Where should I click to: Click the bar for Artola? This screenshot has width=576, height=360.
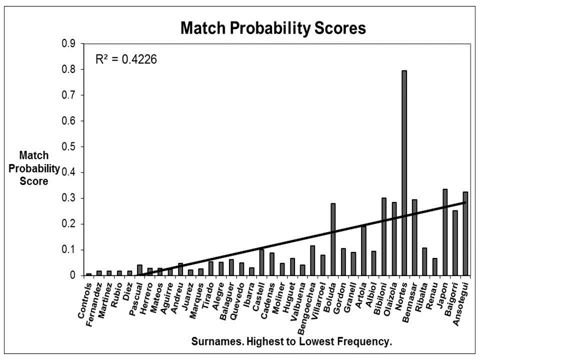coord(363,250)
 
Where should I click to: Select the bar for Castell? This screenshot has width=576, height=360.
coord(261,262)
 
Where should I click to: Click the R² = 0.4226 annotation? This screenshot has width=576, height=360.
coord(126,60)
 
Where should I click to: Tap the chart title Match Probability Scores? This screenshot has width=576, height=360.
coord(273,28)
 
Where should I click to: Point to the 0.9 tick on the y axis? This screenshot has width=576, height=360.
coord(68,44)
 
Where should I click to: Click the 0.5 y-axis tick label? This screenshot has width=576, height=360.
coord(68,147)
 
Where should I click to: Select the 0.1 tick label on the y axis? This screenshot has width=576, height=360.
coord(68,250)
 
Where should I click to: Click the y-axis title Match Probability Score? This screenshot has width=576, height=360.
coord(34,168)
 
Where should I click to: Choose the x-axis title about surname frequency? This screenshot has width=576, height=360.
coord(291,342)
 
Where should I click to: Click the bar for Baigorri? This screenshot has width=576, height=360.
coord(455,242)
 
